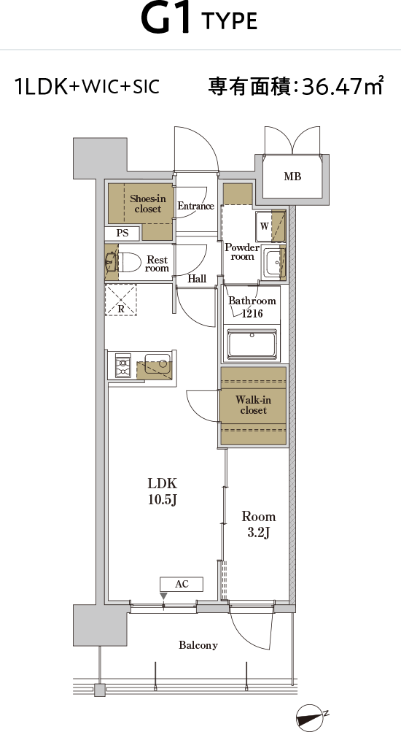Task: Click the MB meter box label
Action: click(292, 177)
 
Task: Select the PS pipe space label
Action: click(122, 234)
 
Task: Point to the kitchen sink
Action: click(157, 364)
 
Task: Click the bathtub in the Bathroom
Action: click(252, 344)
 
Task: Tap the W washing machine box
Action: click(265, 226)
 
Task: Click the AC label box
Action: click(182, 584)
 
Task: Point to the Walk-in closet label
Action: click(253, 405)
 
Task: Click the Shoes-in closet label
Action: click(148, 204)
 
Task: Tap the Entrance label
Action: click(196, 206)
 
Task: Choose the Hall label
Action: click(198, 280)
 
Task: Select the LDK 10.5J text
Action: click(163, 492)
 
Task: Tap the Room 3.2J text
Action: click(258, 524)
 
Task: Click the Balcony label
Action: click(198, 645)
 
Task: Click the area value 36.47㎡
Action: click(342, 86)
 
